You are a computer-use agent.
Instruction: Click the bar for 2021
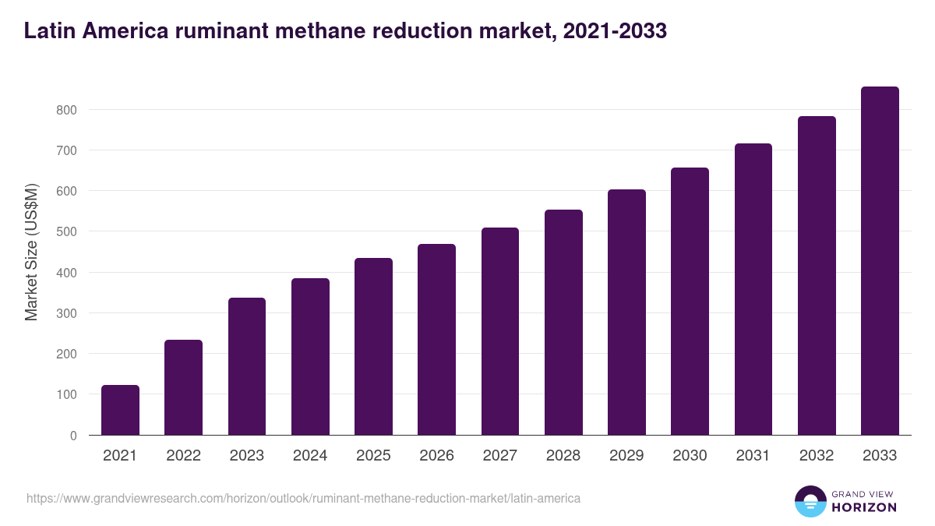pos(120,410)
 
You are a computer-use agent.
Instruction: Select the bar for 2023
pos(247,366)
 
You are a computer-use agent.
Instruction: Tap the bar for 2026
pos(436,340)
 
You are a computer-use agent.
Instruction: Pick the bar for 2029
pos(626,312)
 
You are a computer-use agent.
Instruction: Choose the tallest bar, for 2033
pos(880,261)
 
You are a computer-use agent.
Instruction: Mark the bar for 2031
pos(753,289)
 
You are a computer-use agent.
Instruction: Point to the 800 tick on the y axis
pos(66,110)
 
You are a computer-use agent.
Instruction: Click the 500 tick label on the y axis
pos(66,232)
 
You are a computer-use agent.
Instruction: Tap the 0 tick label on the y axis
pos(73,436)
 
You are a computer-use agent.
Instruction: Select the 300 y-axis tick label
pos(66,313)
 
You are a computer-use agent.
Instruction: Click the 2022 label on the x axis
pos(183,456)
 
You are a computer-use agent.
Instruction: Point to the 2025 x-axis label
pos(373,456)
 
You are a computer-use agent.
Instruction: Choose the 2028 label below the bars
pos(563,456)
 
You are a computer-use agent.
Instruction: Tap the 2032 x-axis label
pos(817,456)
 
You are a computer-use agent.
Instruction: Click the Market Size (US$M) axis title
pos(31,252)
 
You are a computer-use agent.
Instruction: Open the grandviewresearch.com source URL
pos(303,498)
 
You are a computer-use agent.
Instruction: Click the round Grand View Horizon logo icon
pos(810,501)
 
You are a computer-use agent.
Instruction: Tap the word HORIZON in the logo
pos(864,507)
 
